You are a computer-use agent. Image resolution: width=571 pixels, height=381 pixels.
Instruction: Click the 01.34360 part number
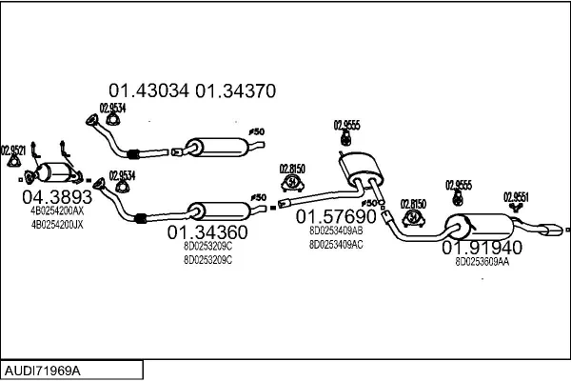[x=207, y=231]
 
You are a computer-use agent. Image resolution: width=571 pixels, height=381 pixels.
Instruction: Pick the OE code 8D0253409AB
[x=336, y=230]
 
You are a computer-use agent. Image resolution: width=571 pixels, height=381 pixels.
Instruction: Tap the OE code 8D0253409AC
[x=336, y=244]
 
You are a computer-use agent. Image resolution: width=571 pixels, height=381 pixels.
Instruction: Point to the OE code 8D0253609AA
[x=482, y=261]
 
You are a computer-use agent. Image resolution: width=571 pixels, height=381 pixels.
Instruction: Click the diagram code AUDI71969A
[x=42, y=369]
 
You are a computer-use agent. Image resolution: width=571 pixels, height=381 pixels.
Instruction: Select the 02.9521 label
[x=12, y=149]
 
